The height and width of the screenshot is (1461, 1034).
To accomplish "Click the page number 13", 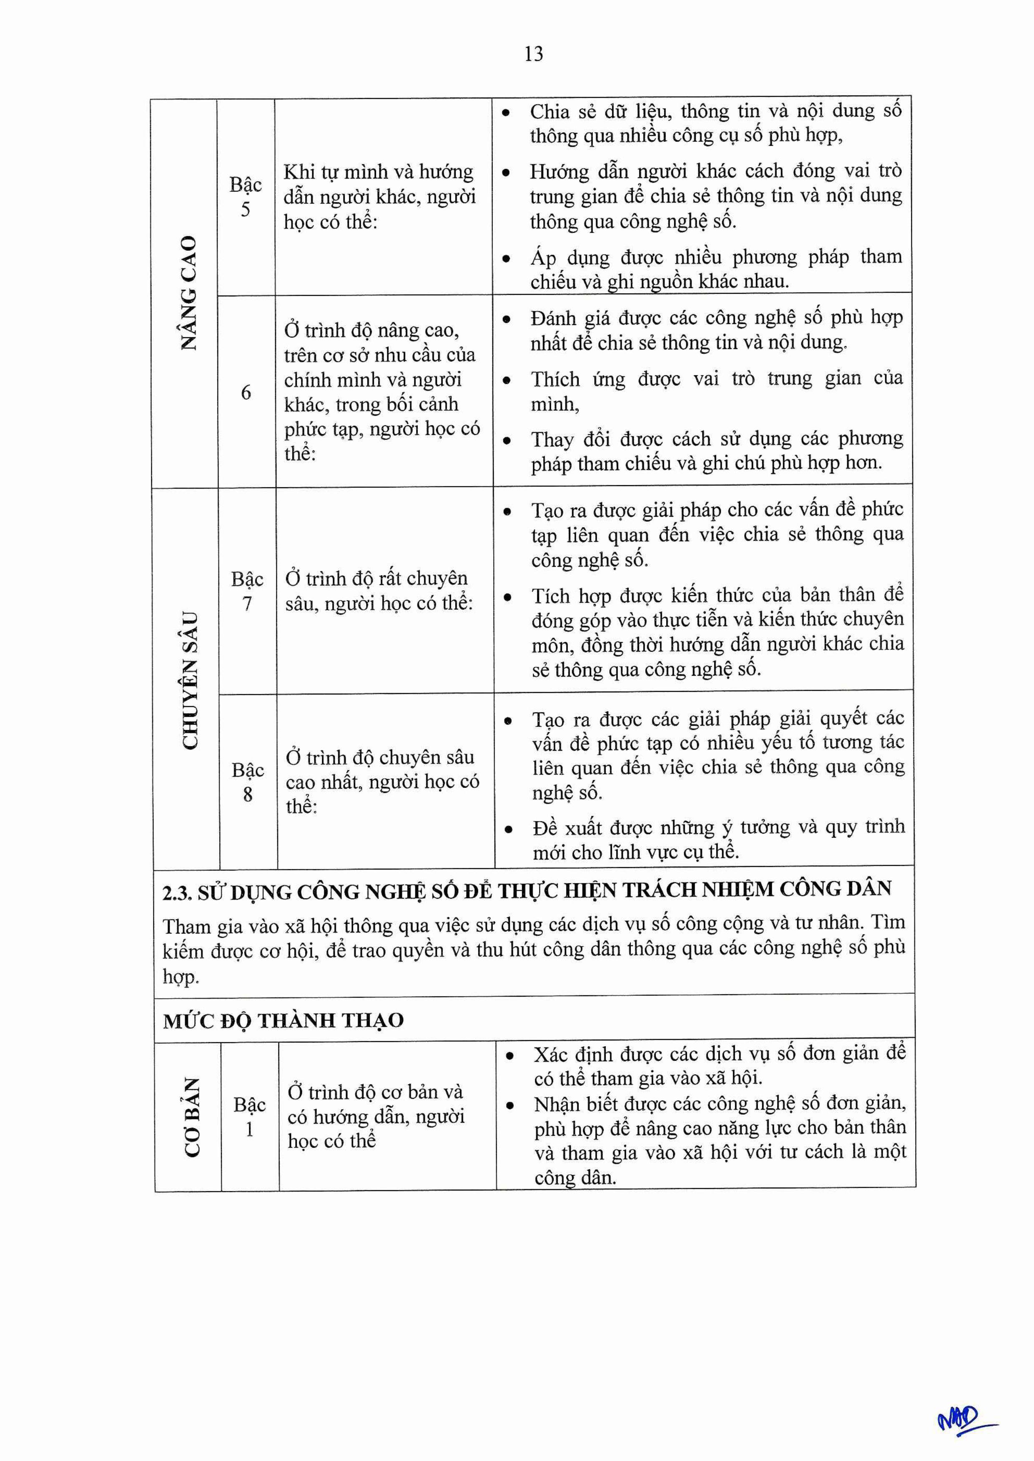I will [534, 54].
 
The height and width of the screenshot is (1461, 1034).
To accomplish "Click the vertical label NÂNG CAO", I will [188, 293].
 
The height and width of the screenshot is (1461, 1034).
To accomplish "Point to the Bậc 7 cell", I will [247, 591].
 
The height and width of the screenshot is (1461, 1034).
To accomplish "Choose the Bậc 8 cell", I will [248, 782].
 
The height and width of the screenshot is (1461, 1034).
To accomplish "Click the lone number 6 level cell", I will [246, 393].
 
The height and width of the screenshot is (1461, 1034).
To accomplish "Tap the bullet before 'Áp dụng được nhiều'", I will [506, 260].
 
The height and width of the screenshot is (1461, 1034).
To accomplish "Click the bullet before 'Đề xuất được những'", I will [508, 829].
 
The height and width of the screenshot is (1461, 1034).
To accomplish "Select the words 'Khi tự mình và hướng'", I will [378, 172].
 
